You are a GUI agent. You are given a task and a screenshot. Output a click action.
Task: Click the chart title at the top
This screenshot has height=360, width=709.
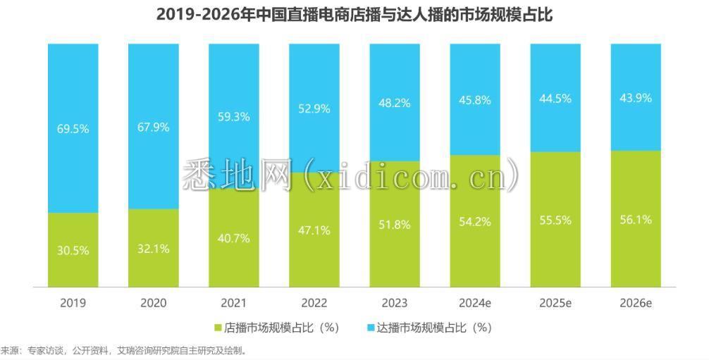(354, 15)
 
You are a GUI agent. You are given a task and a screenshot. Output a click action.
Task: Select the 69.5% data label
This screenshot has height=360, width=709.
(73, 129)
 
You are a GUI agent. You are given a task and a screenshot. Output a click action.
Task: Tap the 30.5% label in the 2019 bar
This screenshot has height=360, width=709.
(73, 250)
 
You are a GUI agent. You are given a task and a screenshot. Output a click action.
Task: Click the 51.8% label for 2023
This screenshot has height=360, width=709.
(395, 225)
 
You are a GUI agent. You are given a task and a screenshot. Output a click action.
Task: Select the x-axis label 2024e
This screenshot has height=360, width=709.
(474, 303)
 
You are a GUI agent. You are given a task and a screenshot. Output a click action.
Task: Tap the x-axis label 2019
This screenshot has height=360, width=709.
(73, 303)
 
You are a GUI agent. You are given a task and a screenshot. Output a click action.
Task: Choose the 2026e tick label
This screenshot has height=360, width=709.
(635, 303)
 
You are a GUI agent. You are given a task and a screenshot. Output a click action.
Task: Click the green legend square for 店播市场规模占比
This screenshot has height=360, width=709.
(218, 328)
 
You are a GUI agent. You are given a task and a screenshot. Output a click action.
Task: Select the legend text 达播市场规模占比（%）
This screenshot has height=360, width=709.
(433, 328)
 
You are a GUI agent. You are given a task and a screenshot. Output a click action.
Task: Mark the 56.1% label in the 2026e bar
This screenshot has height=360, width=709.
(635, 219)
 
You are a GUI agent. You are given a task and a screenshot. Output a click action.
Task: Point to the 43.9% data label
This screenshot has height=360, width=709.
(635, 98)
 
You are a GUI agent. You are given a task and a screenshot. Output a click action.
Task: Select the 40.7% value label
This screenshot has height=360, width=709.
(234, 238)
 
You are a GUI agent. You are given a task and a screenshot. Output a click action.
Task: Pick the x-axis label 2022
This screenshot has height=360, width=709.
(314, 303)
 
